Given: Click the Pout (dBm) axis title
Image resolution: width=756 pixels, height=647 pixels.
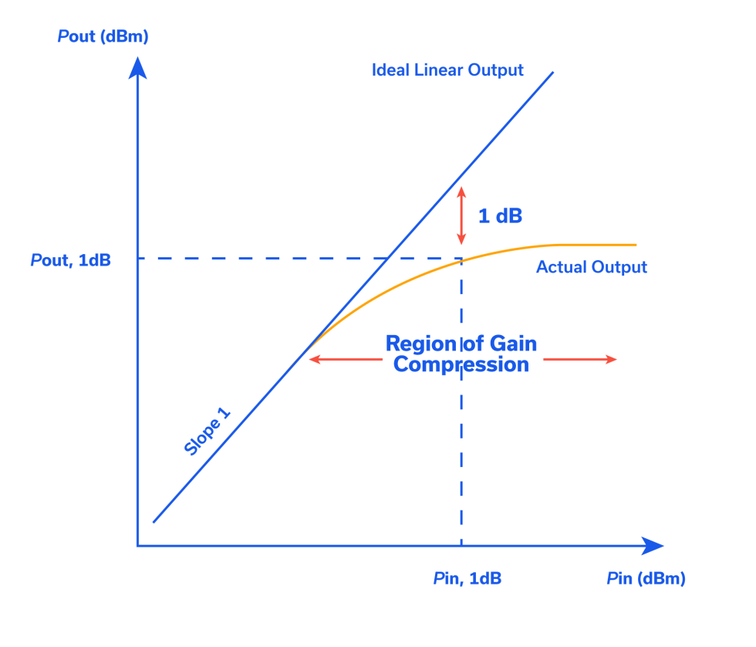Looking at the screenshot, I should click(x=103, y=36).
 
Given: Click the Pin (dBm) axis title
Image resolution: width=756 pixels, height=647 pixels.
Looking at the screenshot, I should click(x=646, y=578).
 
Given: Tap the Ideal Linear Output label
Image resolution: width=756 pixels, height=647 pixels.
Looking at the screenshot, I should click(x=447, y=70).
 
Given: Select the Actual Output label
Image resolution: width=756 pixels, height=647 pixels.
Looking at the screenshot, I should click(x=591, y=267).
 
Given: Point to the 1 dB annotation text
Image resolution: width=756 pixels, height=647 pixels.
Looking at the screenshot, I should click(x=500, y=216).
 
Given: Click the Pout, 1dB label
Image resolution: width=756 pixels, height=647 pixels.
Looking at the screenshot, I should click(x=71, y=260).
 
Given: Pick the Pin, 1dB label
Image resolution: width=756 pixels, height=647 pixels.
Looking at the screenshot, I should click(x=467, y=578).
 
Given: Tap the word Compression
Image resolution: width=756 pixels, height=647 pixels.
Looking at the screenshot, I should click(x=461, y=364).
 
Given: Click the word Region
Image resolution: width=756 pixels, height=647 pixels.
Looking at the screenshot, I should click(x=420, y=344).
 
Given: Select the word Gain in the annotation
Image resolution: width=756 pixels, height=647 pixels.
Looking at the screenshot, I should click(x=512, y=344).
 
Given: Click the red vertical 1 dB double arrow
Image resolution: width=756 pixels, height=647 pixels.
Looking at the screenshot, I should click(x=461, y=215).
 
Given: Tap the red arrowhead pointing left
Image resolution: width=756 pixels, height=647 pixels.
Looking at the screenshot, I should click(x=313, y=359).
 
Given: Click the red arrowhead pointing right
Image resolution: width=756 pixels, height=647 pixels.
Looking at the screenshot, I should click(x=611, y=359).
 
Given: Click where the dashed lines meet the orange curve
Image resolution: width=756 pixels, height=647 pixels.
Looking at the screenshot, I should click(x=461, y=259).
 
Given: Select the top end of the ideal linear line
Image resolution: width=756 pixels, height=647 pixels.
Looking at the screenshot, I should click(x=552, y=73).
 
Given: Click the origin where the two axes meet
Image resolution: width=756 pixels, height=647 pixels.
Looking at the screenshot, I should click(x=138, y=546).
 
